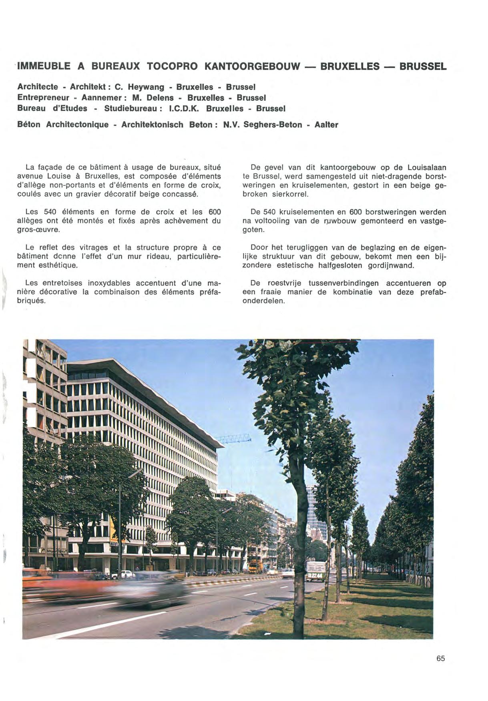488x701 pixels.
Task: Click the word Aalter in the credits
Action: coord(327,125)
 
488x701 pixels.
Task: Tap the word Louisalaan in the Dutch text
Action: coord(427,168)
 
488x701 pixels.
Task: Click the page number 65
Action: coord(441,659)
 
